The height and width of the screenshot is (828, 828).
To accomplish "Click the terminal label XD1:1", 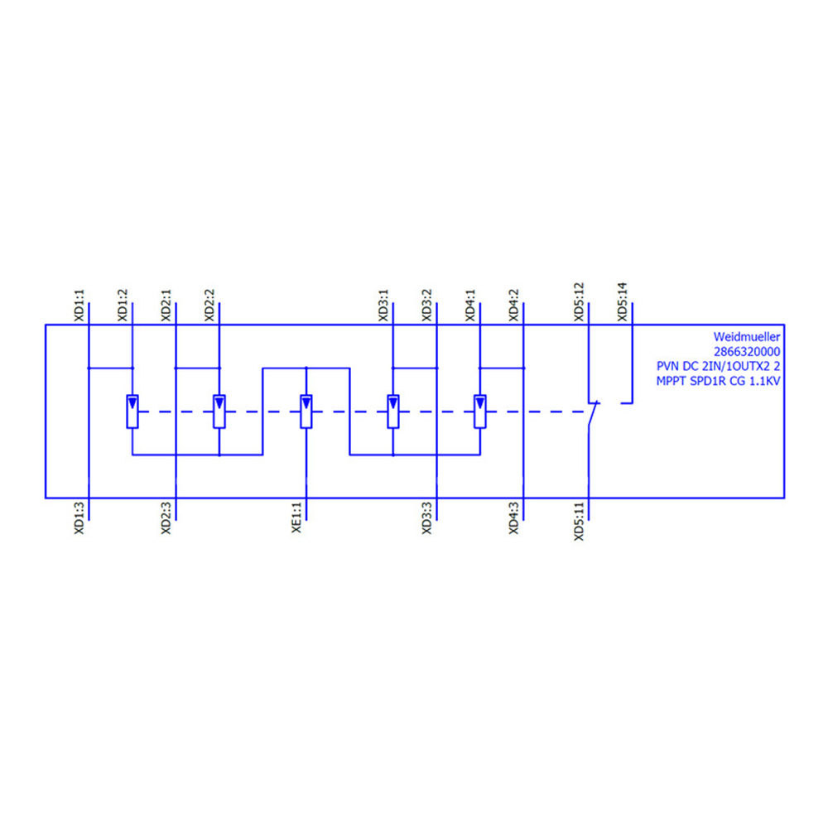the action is [x=79, y=306].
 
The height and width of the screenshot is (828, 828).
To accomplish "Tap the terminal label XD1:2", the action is [x=123, y=306].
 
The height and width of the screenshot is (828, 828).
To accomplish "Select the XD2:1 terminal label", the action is [x=166, y=306].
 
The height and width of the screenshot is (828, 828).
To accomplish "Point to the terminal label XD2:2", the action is [x=209, y=306].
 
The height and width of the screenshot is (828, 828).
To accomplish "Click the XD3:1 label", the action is [x=383, y=306].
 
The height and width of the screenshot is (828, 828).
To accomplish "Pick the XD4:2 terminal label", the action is [x=514, y=306].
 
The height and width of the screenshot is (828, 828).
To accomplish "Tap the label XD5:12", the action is [x=580, y=302].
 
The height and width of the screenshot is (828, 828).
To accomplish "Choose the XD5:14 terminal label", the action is [x=623, y=302].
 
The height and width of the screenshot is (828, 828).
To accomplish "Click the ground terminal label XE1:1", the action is [x=296, y=517].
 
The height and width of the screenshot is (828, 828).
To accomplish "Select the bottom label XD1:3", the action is [x=79, y=518].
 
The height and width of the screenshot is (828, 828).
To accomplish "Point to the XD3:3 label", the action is [x=426, y=518].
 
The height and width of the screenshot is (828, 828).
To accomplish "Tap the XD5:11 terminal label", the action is [x=580, y=521].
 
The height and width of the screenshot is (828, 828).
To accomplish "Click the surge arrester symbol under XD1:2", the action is [x=132, y=412].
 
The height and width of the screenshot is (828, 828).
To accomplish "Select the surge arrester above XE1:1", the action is [x=306, y=412].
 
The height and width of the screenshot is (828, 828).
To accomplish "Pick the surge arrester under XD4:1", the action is [x=480, y=412].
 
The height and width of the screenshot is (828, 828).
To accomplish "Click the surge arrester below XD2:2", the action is [x=219, y=412].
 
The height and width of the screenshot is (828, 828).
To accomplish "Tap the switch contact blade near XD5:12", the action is [x=593, y=416].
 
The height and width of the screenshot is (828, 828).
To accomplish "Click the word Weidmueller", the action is [x=747, y=337].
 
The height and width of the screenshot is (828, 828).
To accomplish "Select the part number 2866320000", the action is [x=747, y=352].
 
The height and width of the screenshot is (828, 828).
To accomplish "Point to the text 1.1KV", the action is [x=764, y=381].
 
